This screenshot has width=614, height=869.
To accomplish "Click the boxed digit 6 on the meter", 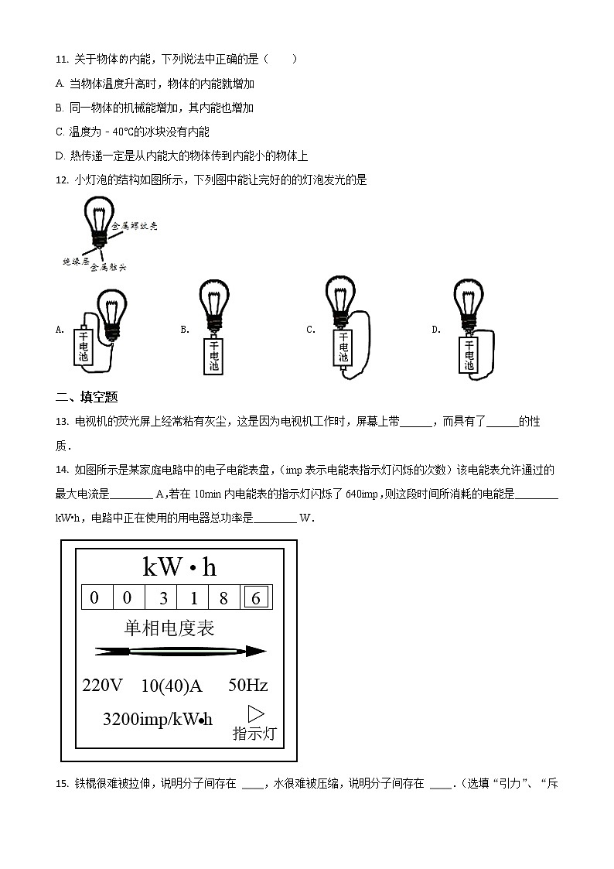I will (256, 597).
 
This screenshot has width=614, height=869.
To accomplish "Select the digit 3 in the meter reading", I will (162, 597).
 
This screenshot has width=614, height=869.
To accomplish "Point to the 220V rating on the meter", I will (103, 686).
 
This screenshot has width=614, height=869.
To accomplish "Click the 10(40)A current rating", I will (172, 686).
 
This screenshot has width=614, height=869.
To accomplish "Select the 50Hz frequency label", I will (247, 686).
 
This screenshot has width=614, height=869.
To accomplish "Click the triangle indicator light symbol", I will (255, 713).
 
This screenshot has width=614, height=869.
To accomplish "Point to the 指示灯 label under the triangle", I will (254, 734).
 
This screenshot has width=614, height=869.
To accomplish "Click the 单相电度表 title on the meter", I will (169, 628).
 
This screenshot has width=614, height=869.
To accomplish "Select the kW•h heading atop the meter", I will (179, 568).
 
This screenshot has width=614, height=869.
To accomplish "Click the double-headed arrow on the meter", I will (180, 652).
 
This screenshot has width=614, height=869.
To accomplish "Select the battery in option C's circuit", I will (343, 347).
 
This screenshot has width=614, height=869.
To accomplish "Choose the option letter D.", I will (435, 330).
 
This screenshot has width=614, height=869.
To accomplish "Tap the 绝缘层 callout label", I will (75, 262).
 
